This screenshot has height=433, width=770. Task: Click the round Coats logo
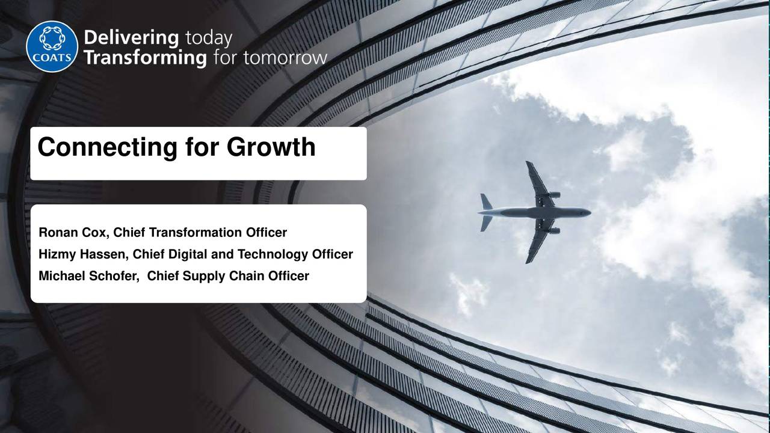[52, 46]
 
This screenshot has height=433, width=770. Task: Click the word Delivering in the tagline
[131, 38]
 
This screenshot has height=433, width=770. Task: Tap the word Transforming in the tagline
[145, 58]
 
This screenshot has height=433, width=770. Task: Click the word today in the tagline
[208, 38]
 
